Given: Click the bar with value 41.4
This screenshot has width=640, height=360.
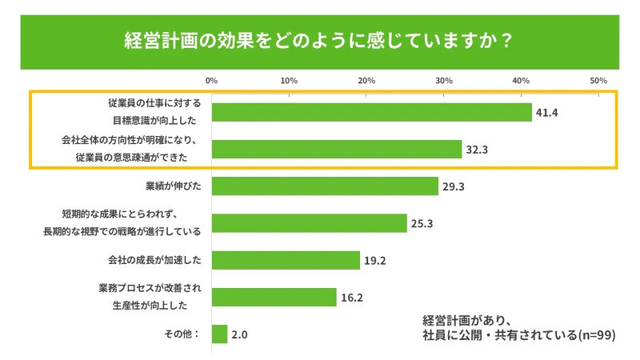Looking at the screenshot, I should click(x=372, y=112).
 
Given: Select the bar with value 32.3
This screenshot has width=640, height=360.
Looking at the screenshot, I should click(x=337, y=149).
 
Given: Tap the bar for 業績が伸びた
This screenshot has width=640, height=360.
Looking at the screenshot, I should click(x=326, y=186).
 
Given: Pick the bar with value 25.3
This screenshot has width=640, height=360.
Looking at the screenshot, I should click(x=310, y=223).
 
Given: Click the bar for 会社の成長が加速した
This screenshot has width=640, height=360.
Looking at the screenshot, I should click(x=286, y=260).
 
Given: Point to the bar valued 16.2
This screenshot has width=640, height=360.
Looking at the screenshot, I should click(x=274, y=297).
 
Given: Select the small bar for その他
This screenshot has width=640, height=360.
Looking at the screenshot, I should click(x=220, y=334).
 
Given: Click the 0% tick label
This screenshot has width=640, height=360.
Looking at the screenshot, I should click(x=212, y=81).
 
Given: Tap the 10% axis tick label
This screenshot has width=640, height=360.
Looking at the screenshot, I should click(x=289, y=81).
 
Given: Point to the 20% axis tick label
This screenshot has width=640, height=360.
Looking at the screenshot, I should click(x=366, y=81).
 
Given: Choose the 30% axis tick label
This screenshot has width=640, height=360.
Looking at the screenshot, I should click(x=444, y=81).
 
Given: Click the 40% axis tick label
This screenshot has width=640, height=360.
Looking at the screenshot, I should click(x=521, y=81).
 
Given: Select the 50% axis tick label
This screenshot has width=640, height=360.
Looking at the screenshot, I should click(x=598, y=81).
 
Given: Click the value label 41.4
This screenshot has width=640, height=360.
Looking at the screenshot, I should click(x=546, y=113).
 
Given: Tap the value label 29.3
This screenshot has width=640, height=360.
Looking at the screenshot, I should click(x=454, y=186).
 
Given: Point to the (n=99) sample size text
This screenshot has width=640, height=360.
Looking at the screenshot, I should click(x=595, y=335).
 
